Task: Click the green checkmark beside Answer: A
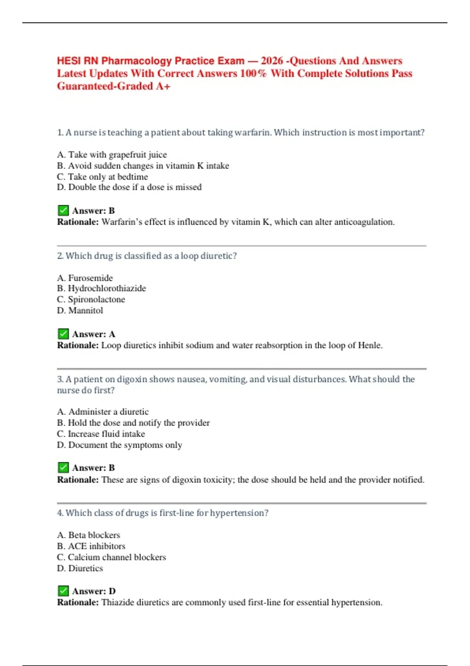tap(63, 334)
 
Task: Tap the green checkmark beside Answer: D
tap(63, 591)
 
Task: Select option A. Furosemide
tap(85, 278)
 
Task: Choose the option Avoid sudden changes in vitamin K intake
tap(143, 166)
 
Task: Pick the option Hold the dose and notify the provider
tap(133, 423)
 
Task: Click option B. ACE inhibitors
tap(91, 546)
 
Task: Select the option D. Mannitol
tap(80, 311)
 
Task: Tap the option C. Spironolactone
tap(91, 300)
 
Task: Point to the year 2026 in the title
tap(271, 61)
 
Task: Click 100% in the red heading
tap(253, 73)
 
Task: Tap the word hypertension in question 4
tap(239, 513)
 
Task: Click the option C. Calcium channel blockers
tap(112, 557)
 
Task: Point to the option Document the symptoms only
tap(119, 445)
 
